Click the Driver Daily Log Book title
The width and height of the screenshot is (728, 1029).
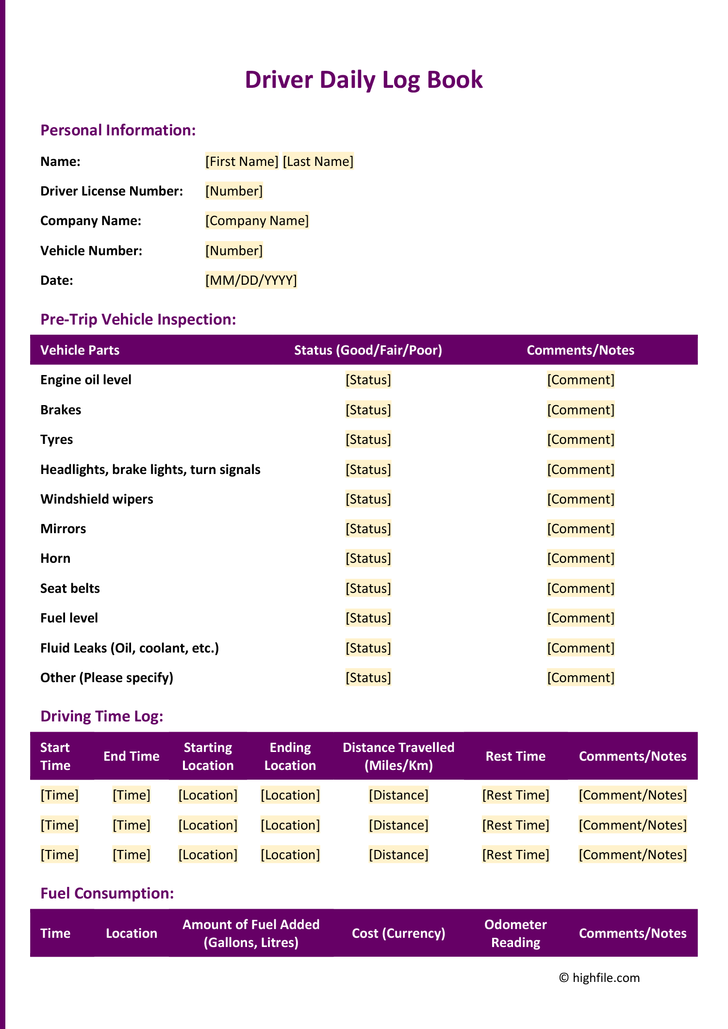364,80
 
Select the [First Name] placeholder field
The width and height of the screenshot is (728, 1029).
242,161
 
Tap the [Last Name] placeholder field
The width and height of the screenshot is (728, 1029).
318,161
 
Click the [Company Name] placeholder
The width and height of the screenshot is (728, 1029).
257,221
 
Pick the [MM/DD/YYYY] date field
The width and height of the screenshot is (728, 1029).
251,280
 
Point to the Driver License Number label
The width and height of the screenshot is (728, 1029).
112,191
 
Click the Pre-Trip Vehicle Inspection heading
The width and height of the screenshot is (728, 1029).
138,319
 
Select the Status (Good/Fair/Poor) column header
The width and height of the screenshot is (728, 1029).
368,350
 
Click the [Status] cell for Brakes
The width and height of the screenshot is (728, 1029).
368,410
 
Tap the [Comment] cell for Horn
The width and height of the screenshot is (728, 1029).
580,558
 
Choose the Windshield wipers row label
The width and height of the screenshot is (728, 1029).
97,499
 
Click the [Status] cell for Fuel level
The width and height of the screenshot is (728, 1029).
368,618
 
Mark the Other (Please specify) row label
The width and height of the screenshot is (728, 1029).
107,678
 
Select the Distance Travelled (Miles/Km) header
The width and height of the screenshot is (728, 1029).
398,756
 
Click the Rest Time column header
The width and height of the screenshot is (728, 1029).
515,756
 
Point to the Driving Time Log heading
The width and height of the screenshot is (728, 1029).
102,716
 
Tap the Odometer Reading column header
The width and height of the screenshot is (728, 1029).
515,933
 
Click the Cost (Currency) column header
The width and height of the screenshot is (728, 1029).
398,933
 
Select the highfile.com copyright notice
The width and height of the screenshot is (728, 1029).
599,978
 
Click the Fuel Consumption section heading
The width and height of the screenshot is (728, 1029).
107,893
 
